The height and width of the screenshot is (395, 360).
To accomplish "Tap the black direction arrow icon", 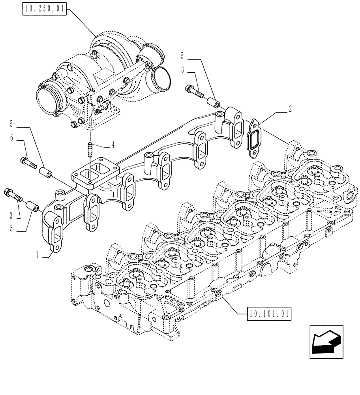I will pyautogui.click(x=326, y=342).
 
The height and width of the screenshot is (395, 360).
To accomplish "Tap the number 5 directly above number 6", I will pyautogui.click(x=11, y=124).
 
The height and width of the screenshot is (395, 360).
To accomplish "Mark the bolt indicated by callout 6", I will pyautogui.click(x=28, y=162).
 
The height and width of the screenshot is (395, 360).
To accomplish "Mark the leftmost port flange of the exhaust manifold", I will pyautogui.click(x=53, y=233).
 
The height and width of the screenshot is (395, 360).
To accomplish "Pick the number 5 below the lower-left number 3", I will pyautogui.click(x=11, y=228).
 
